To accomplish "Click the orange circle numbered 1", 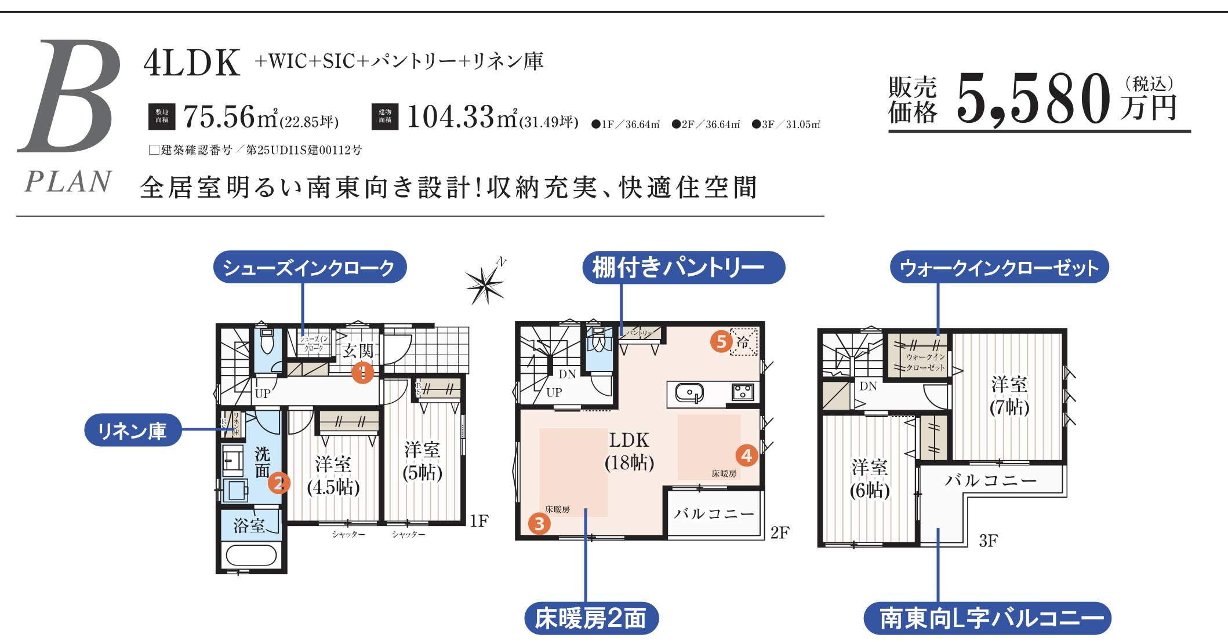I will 362,372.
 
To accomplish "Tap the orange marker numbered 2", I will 279,482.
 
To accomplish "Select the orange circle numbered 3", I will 539,524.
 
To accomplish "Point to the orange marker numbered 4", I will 747,455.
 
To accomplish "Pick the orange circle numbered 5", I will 721,341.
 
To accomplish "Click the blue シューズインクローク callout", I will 310,267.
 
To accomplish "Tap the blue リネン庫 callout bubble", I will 133,431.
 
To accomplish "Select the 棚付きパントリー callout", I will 683,268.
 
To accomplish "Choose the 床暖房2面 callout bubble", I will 591,618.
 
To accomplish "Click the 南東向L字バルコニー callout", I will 987,618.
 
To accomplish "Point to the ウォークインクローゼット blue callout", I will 999,268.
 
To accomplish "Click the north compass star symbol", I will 485,284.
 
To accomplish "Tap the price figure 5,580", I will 1033,100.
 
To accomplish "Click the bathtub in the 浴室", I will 251,556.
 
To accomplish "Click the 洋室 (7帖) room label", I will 1009,395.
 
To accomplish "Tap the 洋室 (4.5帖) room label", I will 333,475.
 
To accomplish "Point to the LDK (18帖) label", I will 629,451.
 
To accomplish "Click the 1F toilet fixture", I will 267,342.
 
